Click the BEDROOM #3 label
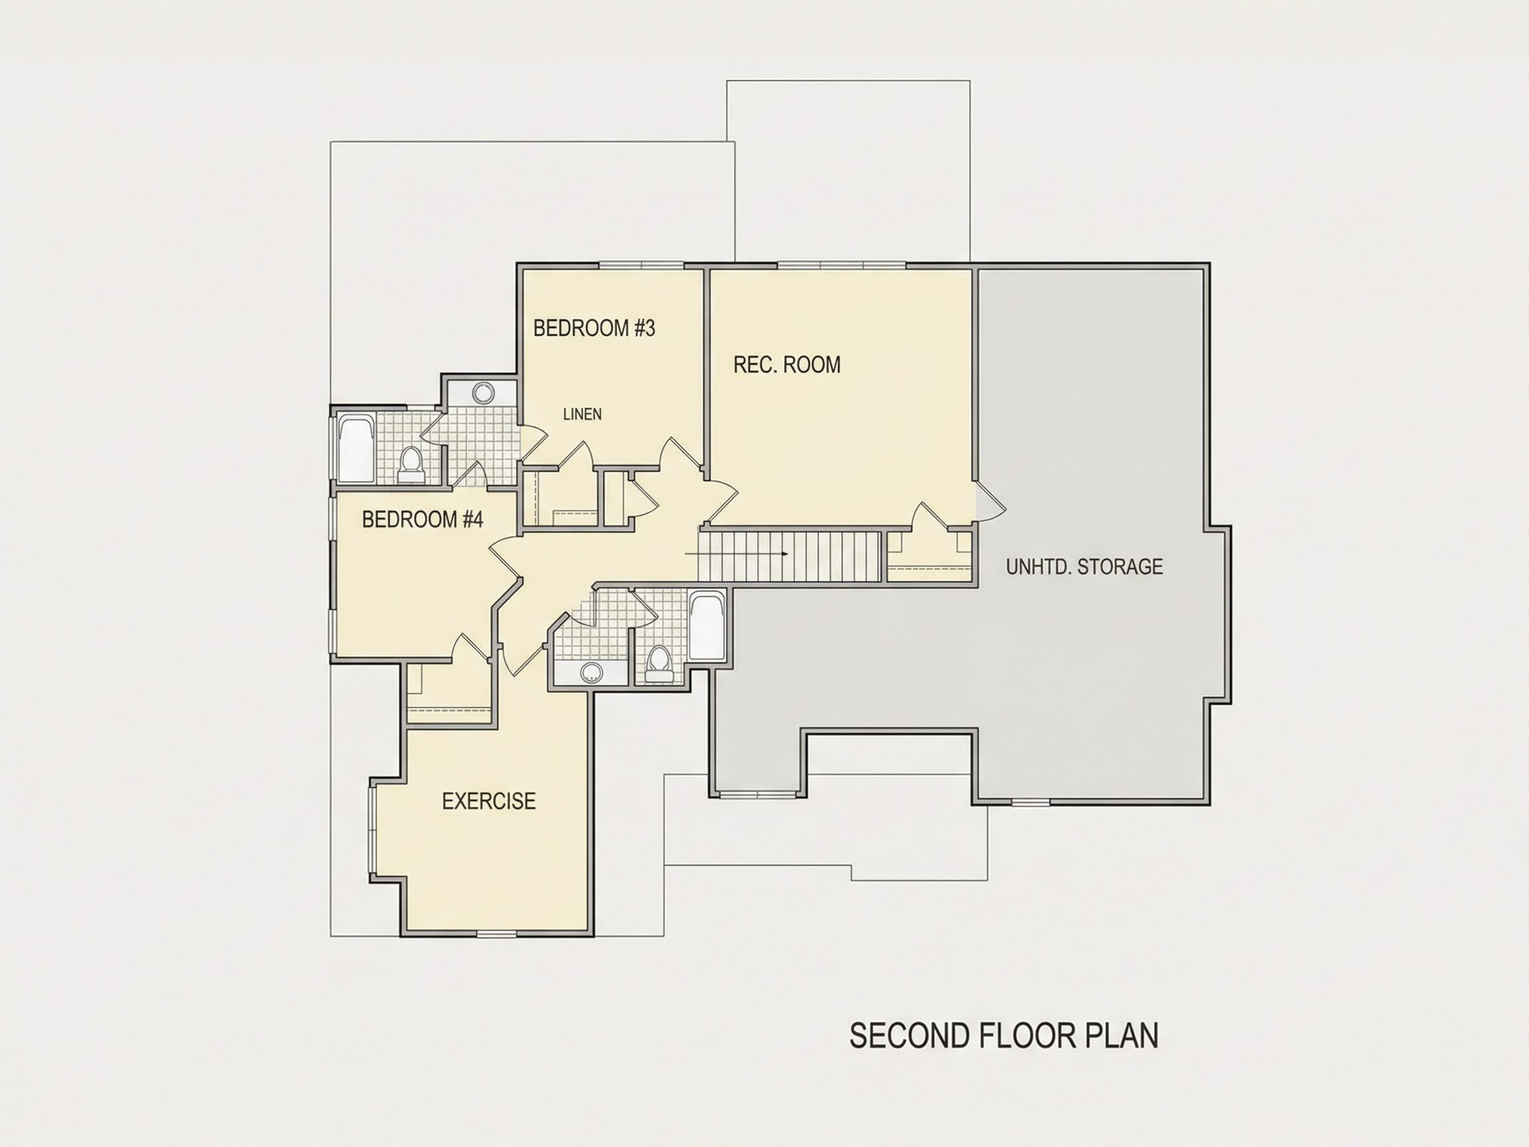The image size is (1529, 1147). (594, 328)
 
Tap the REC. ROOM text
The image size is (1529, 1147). (786, 364)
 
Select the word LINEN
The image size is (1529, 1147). (582, 414)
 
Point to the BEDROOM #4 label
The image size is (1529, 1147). (422, 519)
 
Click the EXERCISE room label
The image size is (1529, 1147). (488, 801)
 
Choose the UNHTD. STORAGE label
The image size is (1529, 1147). (1084, 567)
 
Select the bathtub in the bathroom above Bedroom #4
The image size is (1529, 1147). (356, 447)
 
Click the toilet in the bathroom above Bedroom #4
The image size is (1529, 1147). (411, 464)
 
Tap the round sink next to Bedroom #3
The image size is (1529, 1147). (482, 393)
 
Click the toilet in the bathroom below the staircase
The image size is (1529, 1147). (658, 665)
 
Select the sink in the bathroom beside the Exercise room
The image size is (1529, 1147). (591, 672)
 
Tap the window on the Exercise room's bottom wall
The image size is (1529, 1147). (497, 934)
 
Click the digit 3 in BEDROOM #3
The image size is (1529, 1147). (648, 328)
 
